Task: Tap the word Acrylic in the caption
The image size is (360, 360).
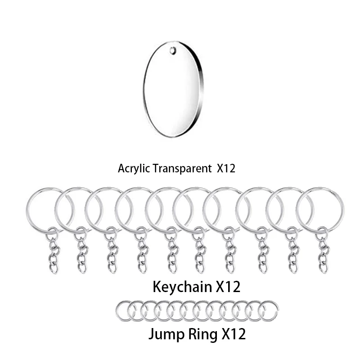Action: pos(133,169)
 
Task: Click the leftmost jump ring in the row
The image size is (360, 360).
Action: pos(124,310)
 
